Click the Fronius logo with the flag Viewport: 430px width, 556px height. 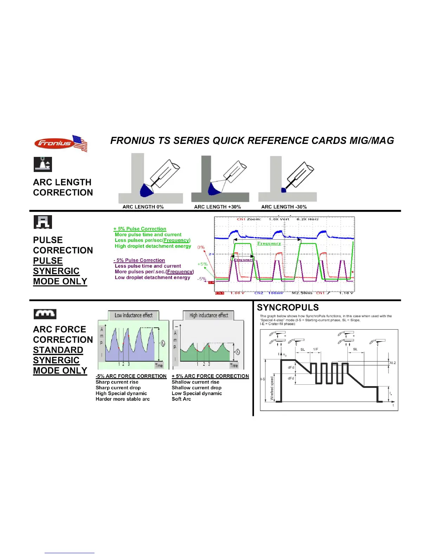point(60,143)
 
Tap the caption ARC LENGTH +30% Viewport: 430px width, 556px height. point(217,207)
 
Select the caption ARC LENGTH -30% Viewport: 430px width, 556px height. point(284,207)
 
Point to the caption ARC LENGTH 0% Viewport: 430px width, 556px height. point(143,207)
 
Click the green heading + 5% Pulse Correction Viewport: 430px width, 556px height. point(140,229)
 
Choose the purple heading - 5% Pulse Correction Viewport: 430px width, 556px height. point(139,260)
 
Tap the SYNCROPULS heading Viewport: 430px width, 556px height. point(288,307)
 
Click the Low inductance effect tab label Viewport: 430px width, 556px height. point(133,315)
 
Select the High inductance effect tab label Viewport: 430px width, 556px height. point(209,315)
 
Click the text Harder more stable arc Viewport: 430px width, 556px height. point(123,399)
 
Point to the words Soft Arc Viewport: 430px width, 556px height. point(181,399)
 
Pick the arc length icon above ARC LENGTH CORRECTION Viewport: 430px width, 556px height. point(43,164)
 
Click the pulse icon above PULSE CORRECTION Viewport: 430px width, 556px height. point(43,222)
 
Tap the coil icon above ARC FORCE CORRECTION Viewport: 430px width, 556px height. point(45,314)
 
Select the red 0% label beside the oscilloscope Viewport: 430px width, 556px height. point(201,247)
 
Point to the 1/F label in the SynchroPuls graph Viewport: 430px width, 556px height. point(315,349)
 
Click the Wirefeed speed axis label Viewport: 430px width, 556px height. point(272,389)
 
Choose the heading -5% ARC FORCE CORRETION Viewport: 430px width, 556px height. point(131,376)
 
